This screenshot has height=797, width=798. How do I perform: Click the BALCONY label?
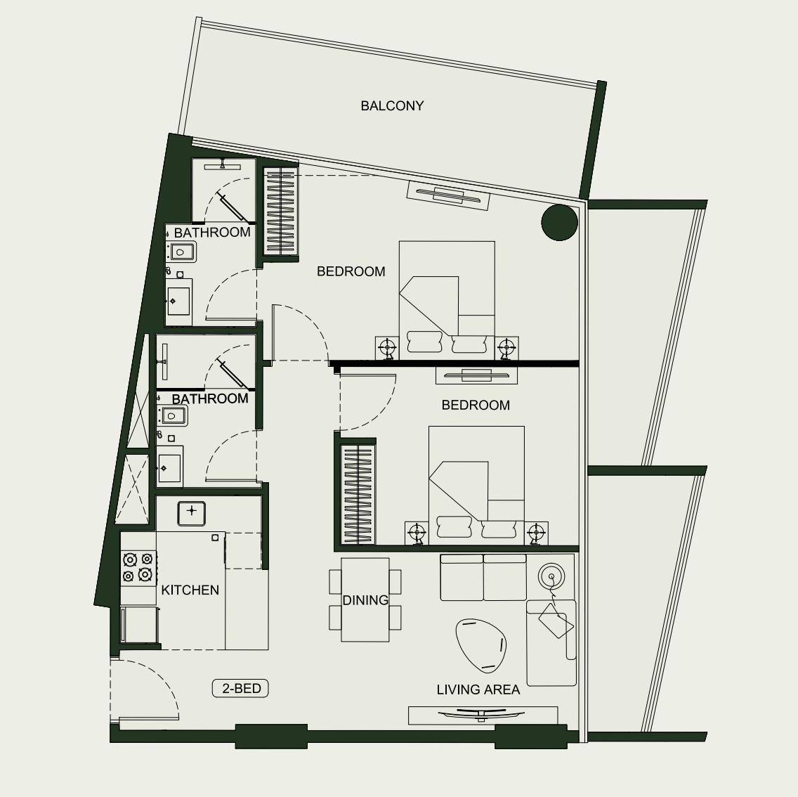click(x=392, y=106)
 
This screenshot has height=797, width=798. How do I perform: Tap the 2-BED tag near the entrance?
click(x=240, y=689)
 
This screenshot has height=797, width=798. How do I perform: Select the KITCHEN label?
click(x=190, y=590)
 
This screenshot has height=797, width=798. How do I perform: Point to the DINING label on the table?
click(x=365, y=600)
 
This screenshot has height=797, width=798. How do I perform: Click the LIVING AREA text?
click(x=478, y=689)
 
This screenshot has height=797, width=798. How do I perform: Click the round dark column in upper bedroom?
click(x=559, y=223)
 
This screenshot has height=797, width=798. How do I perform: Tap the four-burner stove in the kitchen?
click(x=138, y=568)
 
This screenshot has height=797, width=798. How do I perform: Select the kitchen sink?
click(x=191, y=513)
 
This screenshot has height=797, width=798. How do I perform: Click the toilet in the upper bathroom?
click(x=181, y=252)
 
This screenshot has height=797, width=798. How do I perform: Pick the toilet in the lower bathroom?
click(x=172, y=415)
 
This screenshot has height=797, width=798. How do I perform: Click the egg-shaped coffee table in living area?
click(x=480, y=644)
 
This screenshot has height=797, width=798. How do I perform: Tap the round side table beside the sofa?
click(x=551, y=577)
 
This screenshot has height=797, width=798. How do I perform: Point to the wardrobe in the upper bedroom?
click(x=280, y=212)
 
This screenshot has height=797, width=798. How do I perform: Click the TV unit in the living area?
click(x=483, y=715)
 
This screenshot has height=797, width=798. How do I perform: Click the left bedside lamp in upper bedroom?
click(x=387, y=349)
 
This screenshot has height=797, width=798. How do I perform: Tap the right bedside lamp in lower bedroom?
click(x=536, y=533)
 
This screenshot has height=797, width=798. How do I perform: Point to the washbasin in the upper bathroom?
click(x=178, y=302)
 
